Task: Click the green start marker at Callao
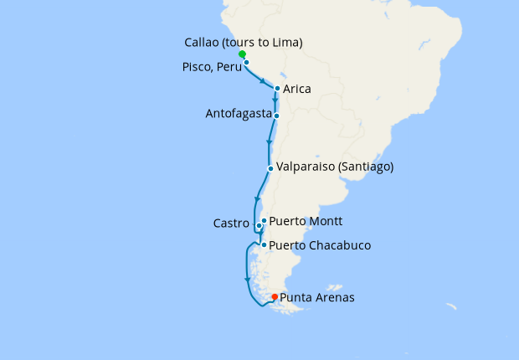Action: pyautogui.click(x=242, y=54)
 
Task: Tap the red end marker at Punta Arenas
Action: pyautogui.click(x=275, y=296)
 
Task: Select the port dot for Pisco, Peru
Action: pyautogui.click(x=247, y=62)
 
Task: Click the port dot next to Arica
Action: pyautogui.click(x=276, y=88)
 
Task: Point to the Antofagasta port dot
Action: pyautogui.click(x=276, y=116)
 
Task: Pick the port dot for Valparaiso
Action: pyautogui.click(x=270, y=169)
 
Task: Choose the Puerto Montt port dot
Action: pyautogui.click(x=264, y=221)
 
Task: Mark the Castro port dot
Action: pyautogui.click(x=259, y=226)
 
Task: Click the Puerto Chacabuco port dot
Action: pyautogui.click(x=264, y=245)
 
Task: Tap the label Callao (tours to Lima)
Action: pyautogui.click(x=243, y=43)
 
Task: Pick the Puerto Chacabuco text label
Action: pyautogui.click(x=320, y=246)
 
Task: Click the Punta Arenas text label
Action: pyautogui.click(x=317, y=297)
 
